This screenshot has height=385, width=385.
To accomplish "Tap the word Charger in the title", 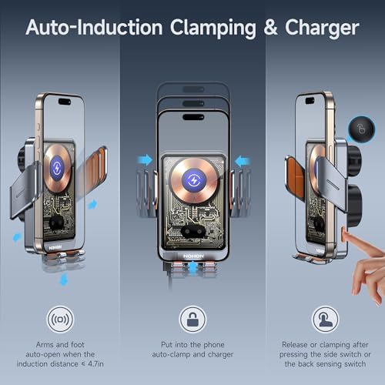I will pos(321,29).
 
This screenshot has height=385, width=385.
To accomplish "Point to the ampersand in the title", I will pos(270,29).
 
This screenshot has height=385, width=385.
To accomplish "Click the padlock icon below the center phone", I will pos(192,318).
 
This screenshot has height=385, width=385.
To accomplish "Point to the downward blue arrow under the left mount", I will pos(64,280).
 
